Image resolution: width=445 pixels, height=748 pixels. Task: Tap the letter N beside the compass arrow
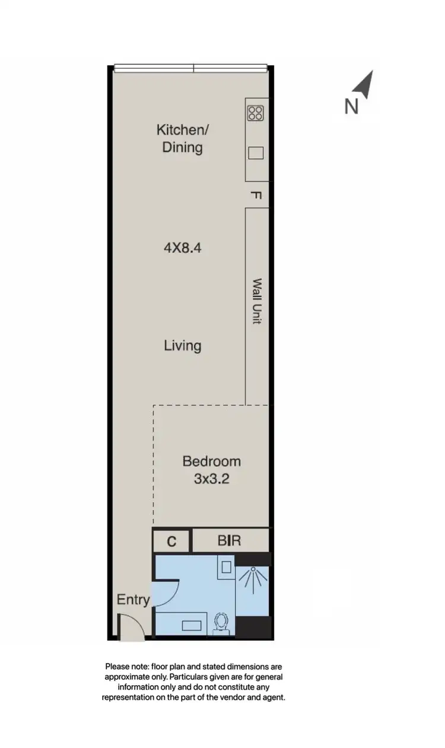[x=352, y=106]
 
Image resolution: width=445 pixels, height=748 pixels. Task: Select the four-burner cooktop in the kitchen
[x=256, y=113]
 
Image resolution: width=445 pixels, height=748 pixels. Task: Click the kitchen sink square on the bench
[x=256, y=153]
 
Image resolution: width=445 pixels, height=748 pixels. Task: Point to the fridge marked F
[x=257, y=195]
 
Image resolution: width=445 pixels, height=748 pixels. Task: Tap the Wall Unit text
[x=257, y=301]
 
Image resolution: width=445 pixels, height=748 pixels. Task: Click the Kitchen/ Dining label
[x=182, y=138]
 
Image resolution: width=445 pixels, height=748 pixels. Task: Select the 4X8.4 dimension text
[x=182, y=248]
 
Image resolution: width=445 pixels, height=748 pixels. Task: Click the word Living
[x=182, y=345]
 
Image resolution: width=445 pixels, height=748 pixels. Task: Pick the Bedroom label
[x=211, y=461]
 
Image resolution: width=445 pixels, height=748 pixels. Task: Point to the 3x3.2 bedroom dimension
[x=211, y=479]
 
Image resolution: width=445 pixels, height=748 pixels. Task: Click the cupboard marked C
[x=171, y=541]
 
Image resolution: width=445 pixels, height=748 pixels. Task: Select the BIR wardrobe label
[x=229, y=541]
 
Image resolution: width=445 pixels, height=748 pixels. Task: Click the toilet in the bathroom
[x=222, y=623]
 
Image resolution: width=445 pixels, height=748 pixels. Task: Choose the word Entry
[x=133, y=600]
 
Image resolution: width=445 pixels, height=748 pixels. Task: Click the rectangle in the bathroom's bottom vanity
[x=191, y=625]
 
